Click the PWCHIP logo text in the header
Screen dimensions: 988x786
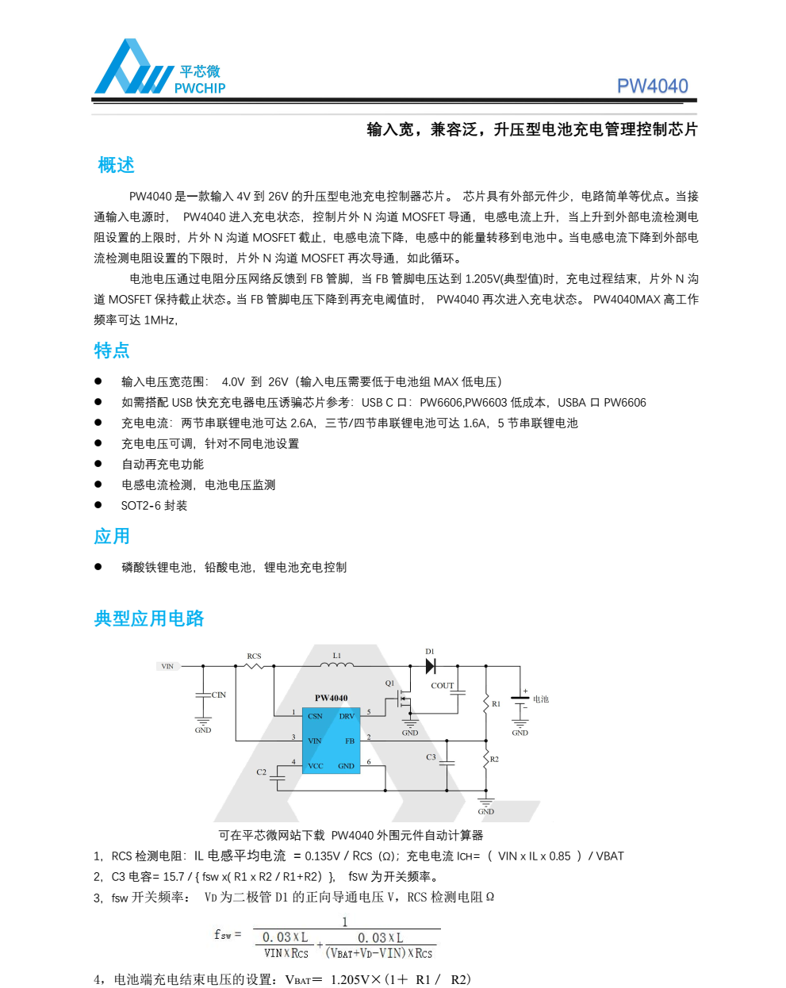pos(200,88)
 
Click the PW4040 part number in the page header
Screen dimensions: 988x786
pos(652,86)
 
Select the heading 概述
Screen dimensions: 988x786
pos(116,165)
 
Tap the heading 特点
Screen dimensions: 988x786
pos(112,350)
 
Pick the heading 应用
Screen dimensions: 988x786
pos(112,536)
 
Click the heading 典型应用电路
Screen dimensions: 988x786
pos(149,618)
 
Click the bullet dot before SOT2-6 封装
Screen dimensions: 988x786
pos(98,505)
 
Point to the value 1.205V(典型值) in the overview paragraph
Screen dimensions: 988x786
pos(504,278)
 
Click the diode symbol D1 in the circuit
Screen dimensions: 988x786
pos(431,666)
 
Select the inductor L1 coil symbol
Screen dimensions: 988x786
pos(337,664)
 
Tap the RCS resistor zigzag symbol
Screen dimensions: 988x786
pos(254,665)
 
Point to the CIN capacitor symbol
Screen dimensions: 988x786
pos(203,695)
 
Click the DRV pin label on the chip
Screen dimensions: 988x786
pos(347,716)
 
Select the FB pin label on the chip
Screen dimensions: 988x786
pos(349,741)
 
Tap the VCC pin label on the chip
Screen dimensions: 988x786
pos(315,766)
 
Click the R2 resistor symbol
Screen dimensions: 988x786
pos(486,760)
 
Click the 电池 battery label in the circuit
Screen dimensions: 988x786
pos(541,699)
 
